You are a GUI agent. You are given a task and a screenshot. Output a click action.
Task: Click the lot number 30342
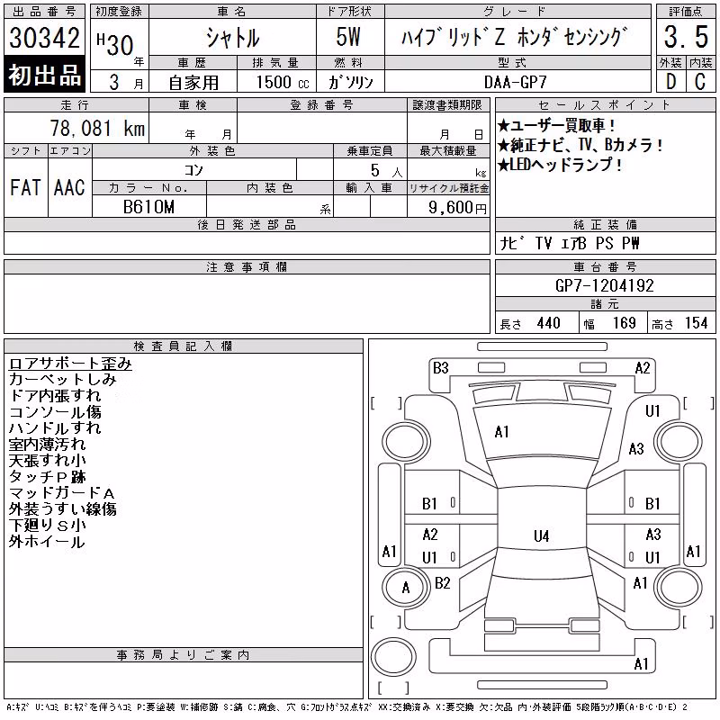click(44, 38)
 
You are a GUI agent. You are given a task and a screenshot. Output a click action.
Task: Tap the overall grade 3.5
click(686, 37)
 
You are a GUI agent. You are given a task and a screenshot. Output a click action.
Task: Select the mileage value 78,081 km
click(97, 129)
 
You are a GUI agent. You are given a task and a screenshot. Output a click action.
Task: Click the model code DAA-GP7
click(516, 82)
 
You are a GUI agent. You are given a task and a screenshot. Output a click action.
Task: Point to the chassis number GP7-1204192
click(604, 285)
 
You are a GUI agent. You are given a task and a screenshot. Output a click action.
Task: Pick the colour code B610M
click(148, 207)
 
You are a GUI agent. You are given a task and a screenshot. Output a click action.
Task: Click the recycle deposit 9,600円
click(457, 208)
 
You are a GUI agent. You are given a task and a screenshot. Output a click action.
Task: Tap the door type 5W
click(348, 37)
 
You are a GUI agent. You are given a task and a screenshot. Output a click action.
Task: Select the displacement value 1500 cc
click(283, 82)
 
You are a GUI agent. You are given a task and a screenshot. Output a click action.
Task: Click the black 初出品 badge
click(44, 74)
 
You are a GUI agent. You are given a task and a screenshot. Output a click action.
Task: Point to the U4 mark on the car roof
click(542, 535)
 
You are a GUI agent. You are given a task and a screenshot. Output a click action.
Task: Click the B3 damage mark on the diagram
click(441, 368)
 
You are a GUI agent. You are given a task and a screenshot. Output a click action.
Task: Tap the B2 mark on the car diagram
click(442, 583)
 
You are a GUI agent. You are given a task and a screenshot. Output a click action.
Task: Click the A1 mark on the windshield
click(501, 432)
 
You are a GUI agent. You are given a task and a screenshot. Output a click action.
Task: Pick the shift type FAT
click(25, 188)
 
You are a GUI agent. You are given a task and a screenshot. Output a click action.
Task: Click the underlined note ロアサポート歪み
click(70, 364)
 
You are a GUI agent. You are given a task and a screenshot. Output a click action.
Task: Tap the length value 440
click(548, 323)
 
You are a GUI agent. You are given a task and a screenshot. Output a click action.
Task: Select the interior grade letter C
click(700, 82)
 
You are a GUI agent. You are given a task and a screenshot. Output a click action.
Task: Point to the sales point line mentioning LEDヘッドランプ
click(560, 165)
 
